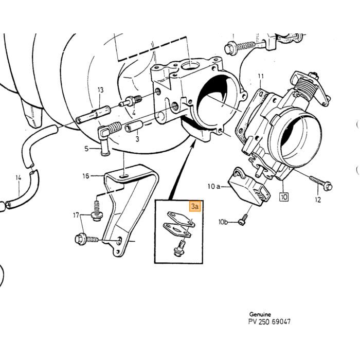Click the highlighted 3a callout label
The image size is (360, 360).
pos(195,206)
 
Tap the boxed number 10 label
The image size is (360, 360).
pos(284,197)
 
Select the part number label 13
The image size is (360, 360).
pos(101,90)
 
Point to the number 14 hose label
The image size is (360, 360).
pos(19,177)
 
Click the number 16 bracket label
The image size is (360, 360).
pos(86,176)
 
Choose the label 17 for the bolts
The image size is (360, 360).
pos(76,215)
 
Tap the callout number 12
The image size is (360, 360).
pos(318,200)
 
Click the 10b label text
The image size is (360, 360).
pos(223,222)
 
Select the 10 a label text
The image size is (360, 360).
pos(214,186)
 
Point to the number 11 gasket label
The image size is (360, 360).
pos(261,76)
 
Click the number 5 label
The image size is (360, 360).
pos(86,149)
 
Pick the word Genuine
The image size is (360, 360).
pos(260,314)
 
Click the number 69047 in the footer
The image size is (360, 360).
pos(281,321)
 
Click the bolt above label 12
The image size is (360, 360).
pos(321,182)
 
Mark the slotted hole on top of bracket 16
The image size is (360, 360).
pos(124,176)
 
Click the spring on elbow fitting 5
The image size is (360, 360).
pos(114,127)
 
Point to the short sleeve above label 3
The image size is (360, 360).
pos(134,126)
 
